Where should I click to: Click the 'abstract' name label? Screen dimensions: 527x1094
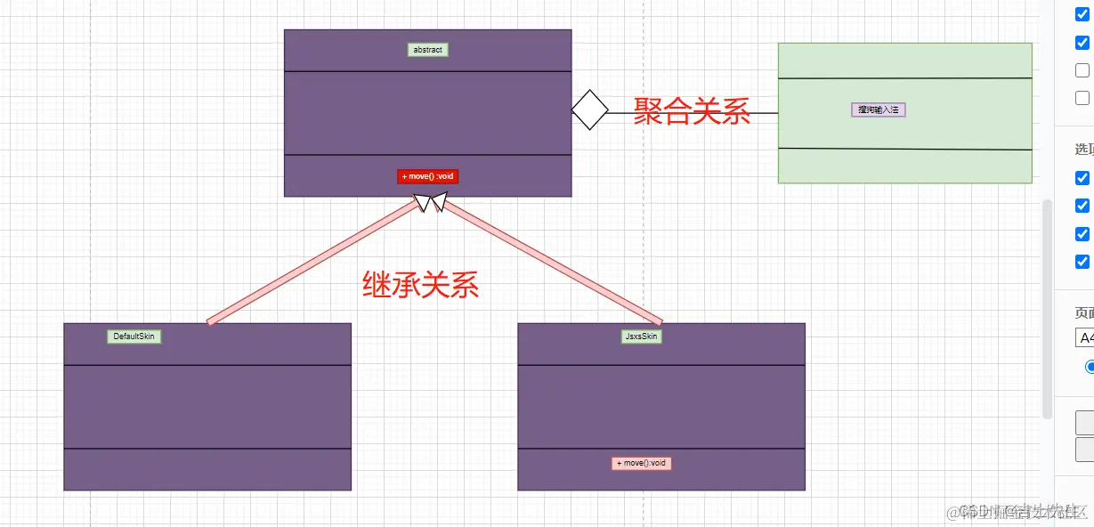click(x=427, y=50)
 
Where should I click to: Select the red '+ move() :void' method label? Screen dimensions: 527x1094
click(x=427, y=176)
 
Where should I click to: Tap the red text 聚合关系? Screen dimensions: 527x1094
click(x=692, y=111)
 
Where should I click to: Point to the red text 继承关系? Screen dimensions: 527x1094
click(x=420, y=284)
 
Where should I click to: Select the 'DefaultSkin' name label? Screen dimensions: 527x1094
click(x=134, y=336)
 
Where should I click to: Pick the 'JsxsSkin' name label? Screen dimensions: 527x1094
click(x=641, y=336)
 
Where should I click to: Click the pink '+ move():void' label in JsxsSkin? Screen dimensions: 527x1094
click(x=641, y=463)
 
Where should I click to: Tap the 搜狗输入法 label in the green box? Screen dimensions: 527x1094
click(x=878, y=109)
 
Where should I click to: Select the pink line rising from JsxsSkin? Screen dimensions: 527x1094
click(x=552, y=262)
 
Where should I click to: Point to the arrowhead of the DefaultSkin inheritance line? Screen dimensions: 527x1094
click(x=422, y=204)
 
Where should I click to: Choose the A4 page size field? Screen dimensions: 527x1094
click(x=1084, y=337)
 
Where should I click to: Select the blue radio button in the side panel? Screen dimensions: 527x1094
click(x=1090, y=366)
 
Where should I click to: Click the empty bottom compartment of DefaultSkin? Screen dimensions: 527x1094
click(x=207, y=469)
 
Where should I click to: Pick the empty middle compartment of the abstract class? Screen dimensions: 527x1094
click(x=427, y=113)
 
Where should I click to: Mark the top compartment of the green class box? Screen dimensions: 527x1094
click(x=904, y=61)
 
